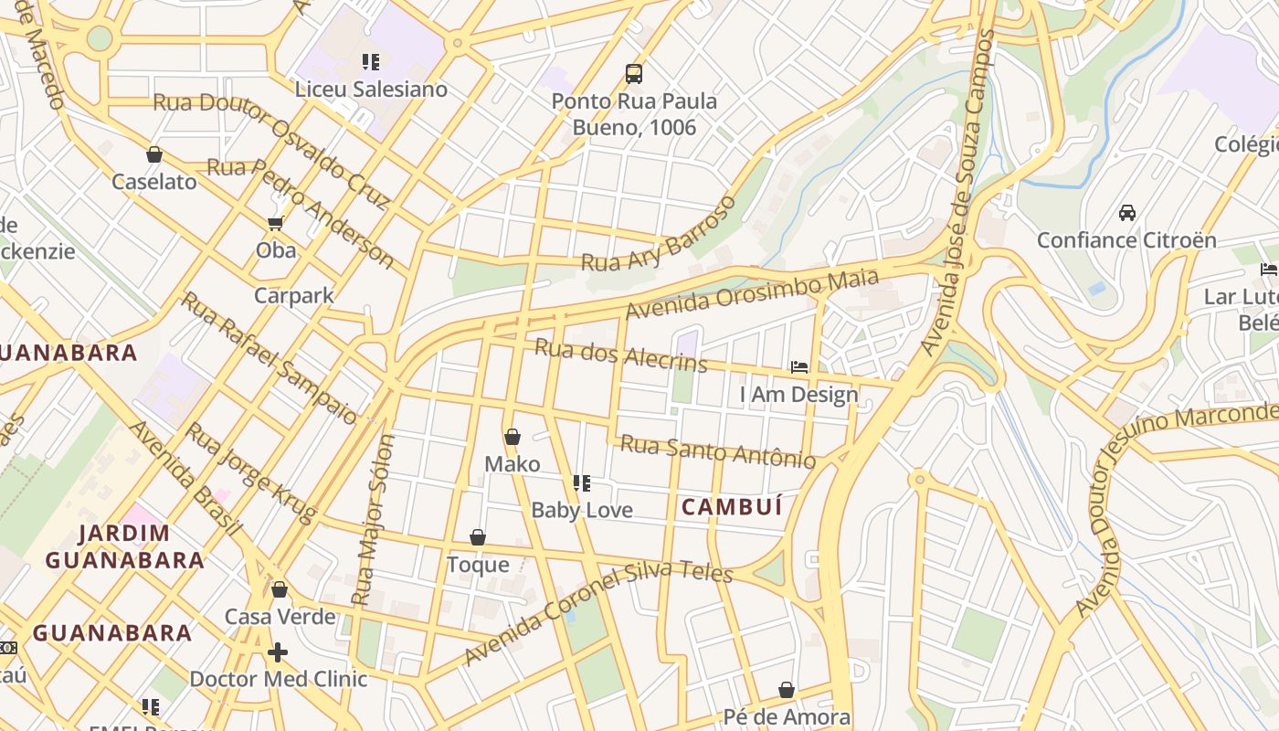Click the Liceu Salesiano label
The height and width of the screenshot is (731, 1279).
371,90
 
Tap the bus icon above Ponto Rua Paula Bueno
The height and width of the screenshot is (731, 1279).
633,73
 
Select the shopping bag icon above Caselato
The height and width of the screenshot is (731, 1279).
154,154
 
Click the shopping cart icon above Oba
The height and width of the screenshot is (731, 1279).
275,223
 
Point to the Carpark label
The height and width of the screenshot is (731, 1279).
293,296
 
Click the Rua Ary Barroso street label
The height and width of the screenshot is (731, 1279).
659,235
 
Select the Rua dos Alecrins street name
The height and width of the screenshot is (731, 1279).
620,355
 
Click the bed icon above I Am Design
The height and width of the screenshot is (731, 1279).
799,367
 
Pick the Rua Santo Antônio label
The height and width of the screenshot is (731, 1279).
718,450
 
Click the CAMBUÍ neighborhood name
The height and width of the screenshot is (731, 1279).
732,507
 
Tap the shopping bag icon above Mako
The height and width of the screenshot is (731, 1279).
513,437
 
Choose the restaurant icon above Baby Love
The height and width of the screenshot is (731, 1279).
582,482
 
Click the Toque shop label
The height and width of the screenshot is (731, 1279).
478,565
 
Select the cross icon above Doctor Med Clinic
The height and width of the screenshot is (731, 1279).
278,652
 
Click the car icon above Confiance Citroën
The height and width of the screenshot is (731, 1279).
1127,213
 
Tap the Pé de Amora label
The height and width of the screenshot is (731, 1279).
787,717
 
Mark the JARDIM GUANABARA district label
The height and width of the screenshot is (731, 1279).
124,546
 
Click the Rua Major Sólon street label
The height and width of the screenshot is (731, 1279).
375,519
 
